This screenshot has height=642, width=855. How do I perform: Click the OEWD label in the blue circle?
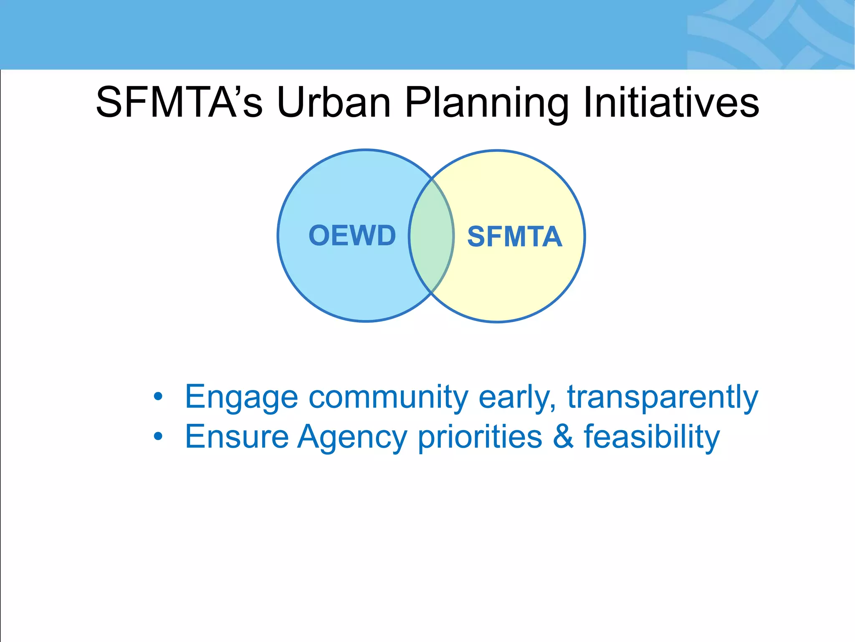tap(352, 235)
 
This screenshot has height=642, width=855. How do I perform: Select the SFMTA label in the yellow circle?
tap(514, 237)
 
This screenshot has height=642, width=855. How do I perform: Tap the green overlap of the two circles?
tap(431, 236)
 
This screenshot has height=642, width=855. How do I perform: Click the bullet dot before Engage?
tap(158, 396)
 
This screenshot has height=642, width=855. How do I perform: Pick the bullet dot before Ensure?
tap(158, 436)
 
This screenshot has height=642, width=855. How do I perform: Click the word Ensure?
tap(237, 436)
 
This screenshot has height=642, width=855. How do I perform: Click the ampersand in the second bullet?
tap(563, 436)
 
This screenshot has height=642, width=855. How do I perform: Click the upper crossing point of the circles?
tap(432, 179)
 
